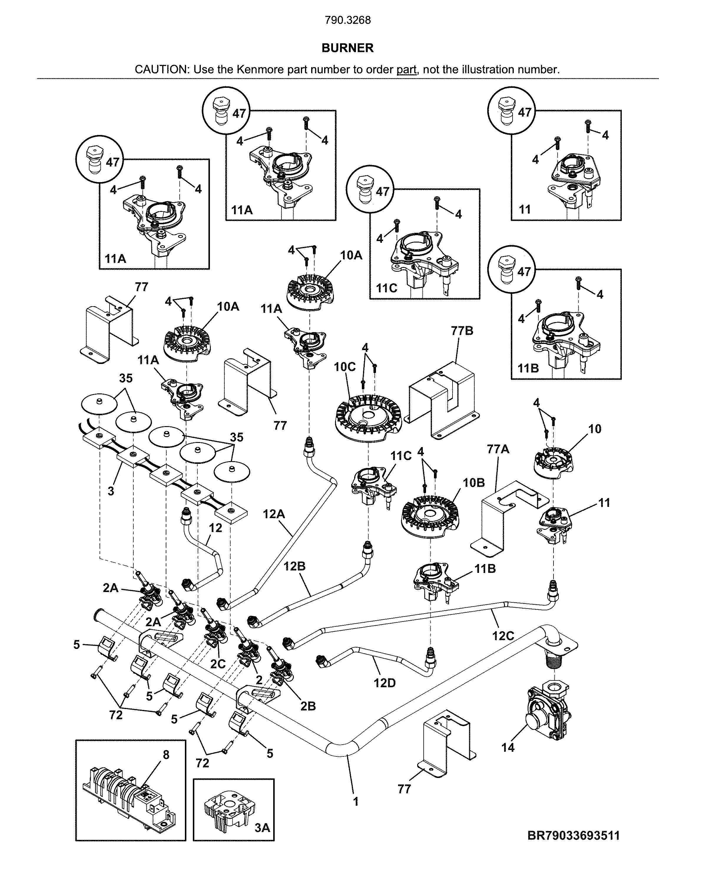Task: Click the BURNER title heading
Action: [x=347, y=48]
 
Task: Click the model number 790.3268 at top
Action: [x=347, y=20]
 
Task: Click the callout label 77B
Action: [x=462, y=331]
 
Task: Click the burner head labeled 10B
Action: [x=431, y=516]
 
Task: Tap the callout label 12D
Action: [x=384, y=683]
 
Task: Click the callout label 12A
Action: [x=274, y=514]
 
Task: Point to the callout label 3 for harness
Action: [x=111, y=491]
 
